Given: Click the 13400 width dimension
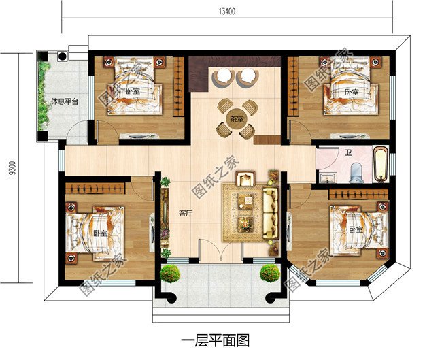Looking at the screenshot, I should point(226,11).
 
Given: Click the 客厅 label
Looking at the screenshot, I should point(186,212).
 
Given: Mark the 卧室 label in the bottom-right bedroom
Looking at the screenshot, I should point(355,229).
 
